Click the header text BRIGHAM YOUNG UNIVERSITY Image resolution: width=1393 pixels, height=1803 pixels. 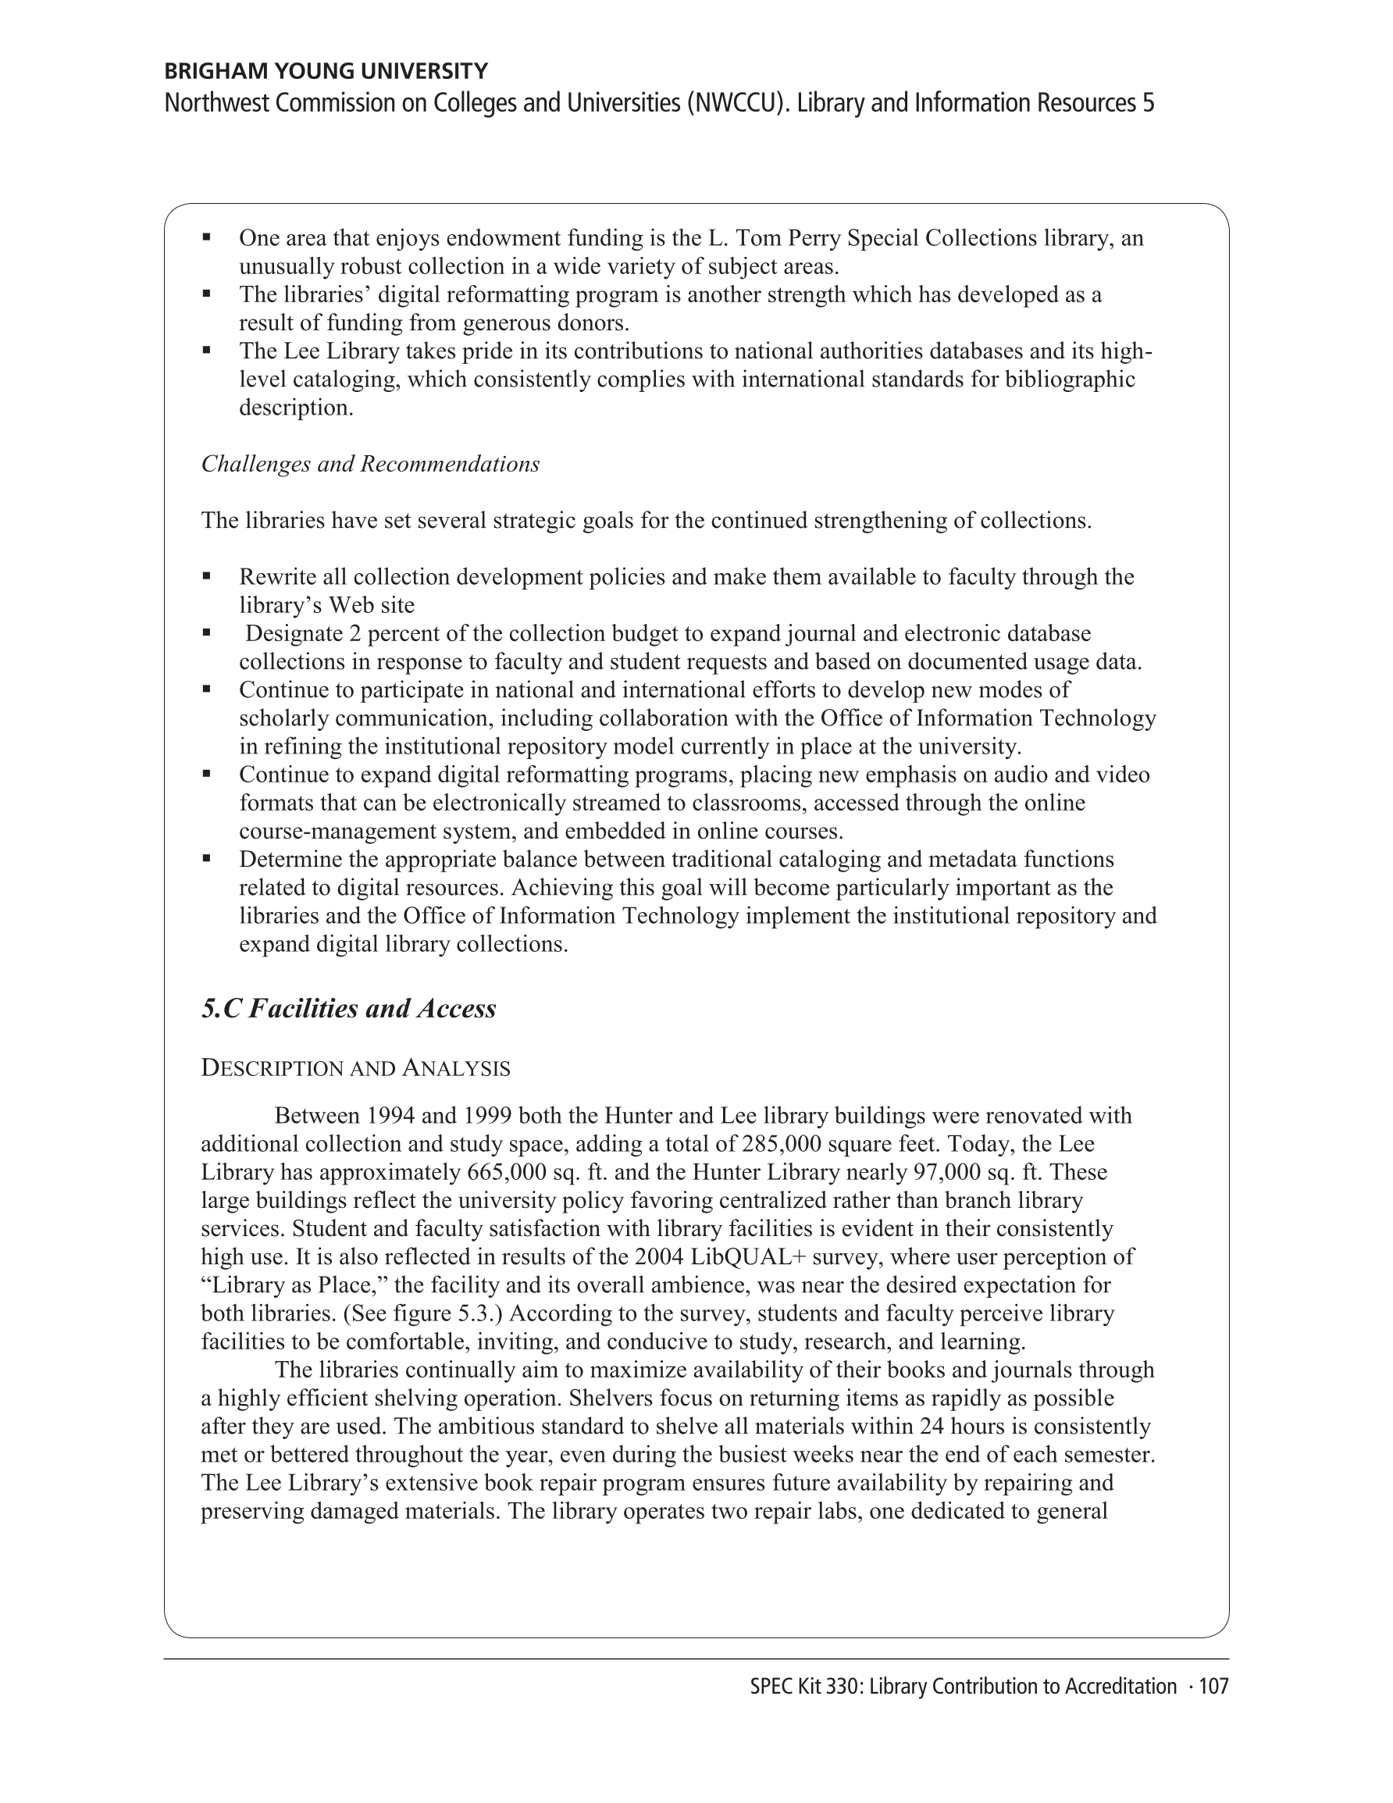pos(326,71)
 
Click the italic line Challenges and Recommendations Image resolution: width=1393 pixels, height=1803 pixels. pos(370,464)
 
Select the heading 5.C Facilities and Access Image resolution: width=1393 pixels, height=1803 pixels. pos(348,1008)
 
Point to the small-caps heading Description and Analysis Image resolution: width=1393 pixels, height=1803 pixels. pos(355,1068)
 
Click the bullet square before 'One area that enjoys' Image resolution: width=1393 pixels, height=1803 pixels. pos(206,237)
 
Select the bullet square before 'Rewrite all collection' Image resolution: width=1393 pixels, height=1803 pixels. pos(206,576)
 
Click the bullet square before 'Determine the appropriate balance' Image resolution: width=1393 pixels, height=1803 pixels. pos(206,859)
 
